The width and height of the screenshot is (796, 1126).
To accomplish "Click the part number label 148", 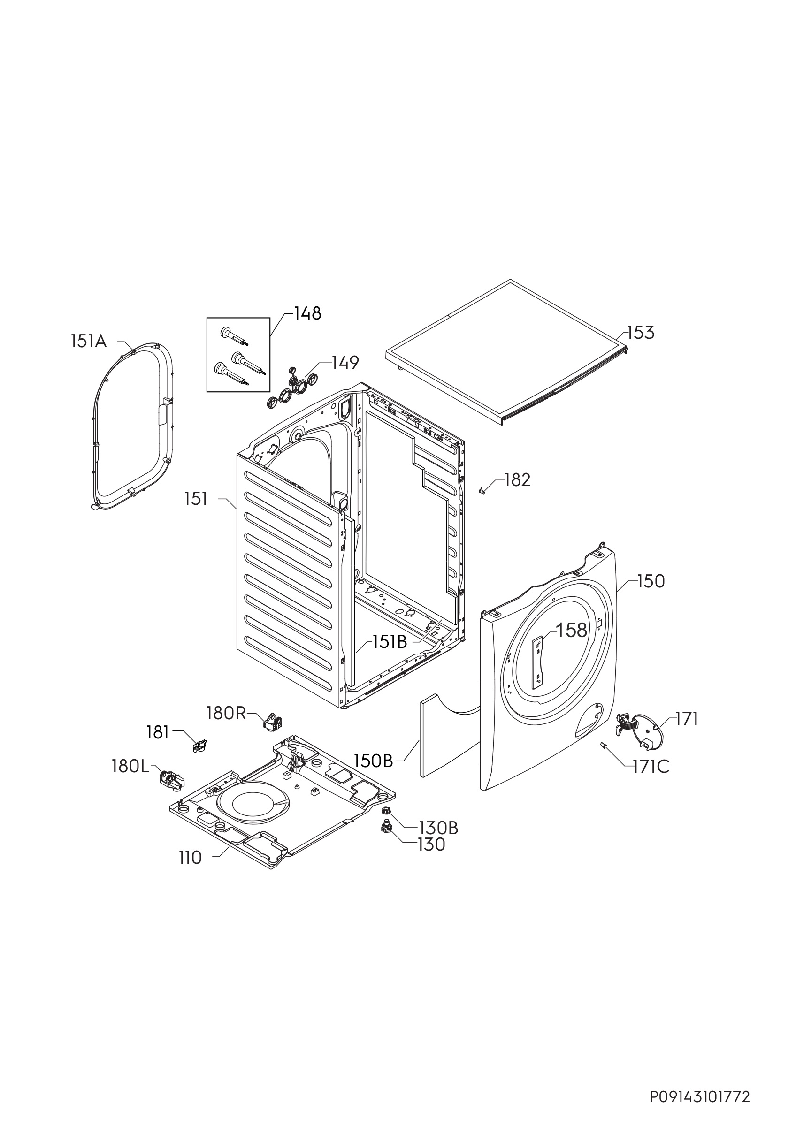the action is [x=307, y=313].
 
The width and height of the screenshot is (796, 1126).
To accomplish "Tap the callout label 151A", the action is [x=89, y=342].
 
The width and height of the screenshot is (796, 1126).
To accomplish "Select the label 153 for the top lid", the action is [x=641, y=333].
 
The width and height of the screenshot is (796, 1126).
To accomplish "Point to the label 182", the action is [x=517, y=480].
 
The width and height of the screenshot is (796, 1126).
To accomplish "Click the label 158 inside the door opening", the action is [x=571, y=630].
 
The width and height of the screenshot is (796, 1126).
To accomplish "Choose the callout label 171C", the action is [x=651, y=767].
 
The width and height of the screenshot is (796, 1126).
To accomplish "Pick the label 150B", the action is [x=374, y=761].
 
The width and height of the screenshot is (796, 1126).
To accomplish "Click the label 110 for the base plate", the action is [x=190, y=858].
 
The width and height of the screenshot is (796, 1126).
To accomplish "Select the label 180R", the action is [x=226, y=714].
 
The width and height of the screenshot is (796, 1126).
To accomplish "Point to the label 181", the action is [x=157, y=733].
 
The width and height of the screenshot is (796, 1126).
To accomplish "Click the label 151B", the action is [x=390, y=642].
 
